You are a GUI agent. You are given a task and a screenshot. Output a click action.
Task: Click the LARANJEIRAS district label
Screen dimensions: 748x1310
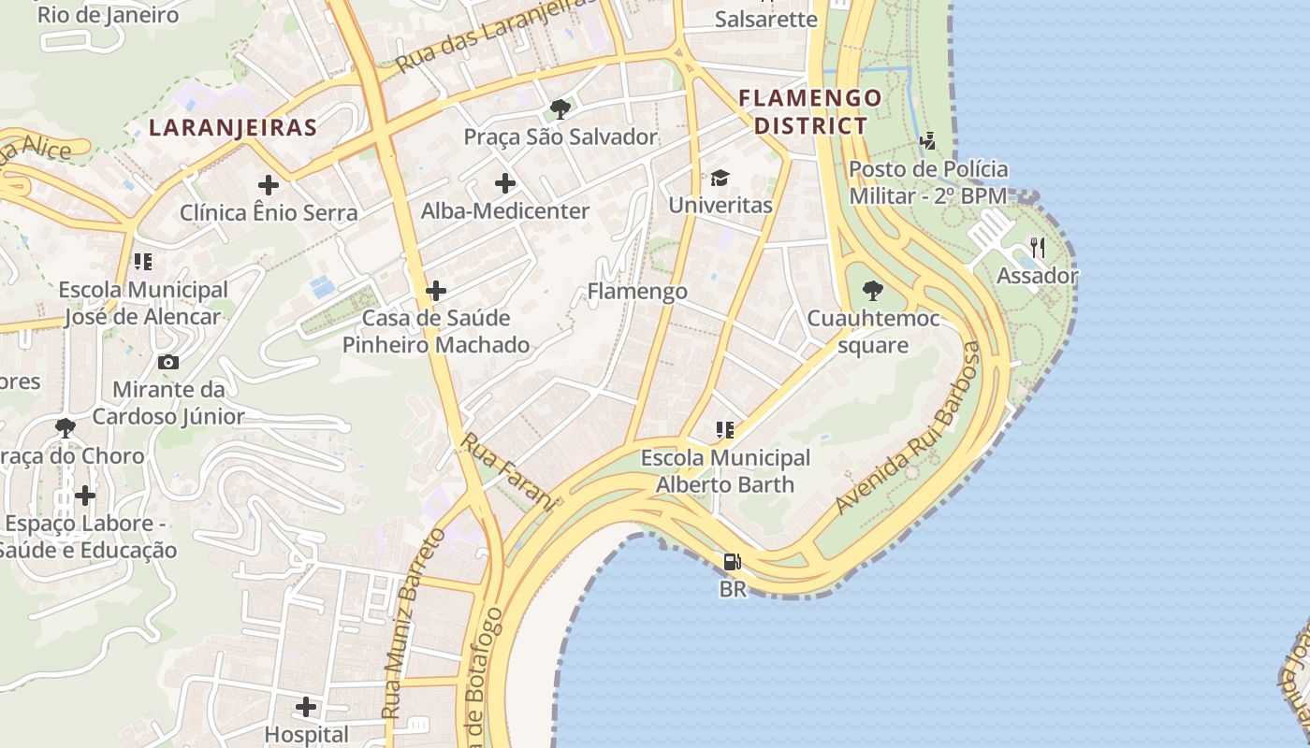[233, 128]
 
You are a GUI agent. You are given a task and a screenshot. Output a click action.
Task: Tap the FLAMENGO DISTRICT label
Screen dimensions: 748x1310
[810, 111]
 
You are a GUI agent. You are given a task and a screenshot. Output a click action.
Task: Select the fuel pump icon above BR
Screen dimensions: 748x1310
[732, 562]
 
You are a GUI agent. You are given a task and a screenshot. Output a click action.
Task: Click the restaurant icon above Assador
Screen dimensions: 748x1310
[1037, 248]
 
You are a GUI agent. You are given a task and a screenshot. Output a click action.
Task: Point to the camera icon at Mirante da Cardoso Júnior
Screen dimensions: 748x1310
[168, 362]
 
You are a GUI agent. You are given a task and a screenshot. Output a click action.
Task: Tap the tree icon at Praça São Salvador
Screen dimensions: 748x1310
[560, 109]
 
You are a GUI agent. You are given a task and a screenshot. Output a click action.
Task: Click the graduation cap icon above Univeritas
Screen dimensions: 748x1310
[720, 178]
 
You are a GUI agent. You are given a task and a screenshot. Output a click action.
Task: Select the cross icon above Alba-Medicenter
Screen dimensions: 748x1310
[505, 183]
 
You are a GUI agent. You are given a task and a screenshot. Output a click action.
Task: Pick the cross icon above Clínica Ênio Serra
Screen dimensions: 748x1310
[269, 185]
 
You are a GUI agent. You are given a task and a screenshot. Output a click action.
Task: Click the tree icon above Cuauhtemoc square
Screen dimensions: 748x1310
[873, 291]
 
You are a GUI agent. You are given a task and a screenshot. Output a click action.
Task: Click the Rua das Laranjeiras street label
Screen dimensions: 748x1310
[496, 35]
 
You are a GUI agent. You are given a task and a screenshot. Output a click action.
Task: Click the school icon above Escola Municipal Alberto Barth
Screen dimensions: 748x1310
[724, 430]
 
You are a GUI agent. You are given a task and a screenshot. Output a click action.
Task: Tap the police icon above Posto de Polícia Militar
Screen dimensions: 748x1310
[927, 141]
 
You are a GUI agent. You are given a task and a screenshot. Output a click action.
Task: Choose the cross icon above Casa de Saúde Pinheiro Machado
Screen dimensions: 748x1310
[436, 291]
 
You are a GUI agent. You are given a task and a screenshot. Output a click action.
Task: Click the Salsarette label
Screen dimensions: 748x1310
[765, 19]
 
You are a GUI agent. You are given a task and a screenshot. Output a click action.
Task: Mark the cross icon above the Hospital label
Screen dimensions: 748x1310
[306, 707]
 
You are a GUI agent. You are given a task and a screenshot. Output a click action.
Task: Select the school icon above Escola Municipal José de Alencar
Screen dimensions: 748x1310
[142, 262]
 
